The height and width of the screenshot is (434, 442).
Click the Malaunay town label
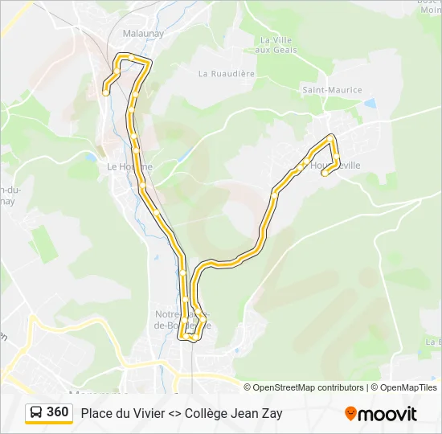[143, 34]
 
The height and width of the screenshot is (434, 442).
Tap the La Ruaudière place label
[227, 73]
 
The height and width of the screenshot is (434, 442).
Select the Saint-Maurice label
[332, 90]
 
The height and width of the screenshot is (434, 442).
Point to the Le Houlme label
[129, 166]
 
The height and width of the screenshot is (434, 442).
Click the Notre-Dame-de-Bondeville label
[183, 320]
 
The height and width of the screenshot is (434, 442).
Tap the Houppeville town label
[338, 165]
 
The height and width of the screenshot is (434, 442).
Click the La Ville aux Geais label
[279, 45]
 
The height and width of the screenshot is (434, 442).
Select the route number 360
[58, 412]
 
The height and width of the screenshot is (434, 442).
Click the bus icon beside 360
[36, 413]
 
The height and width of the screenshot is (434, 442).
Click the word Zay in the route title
[271, 414]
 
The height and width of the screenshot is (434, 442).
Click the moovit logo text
[387, 414]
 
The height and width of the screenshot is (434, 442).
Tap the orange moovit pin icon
[350, 414]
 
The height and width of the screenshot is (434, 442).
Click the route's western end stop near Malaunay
[106, 93]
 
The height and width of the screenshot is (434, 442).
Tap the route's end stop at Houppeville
[325, 172]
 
